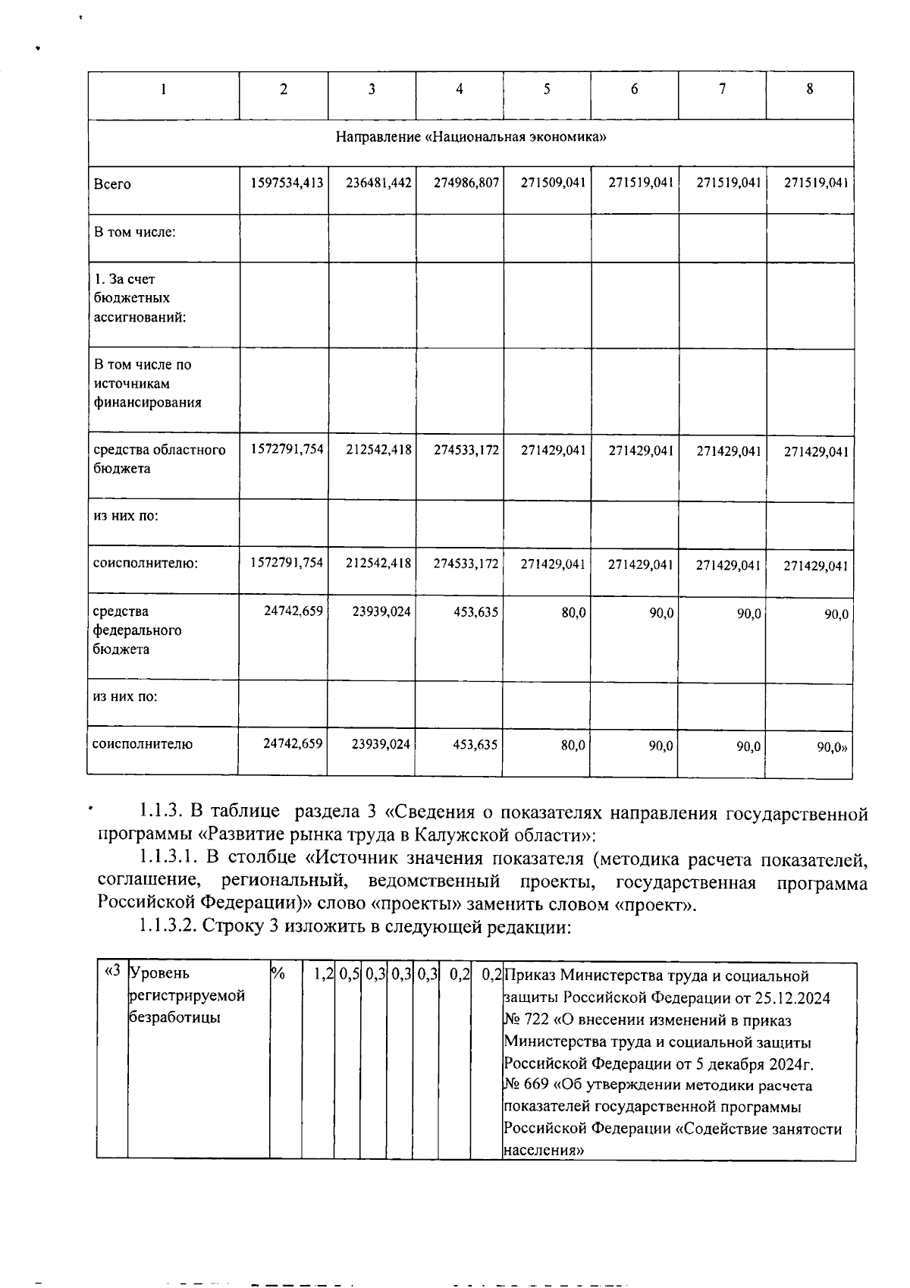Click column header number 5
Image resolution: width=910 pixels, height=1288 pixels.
click(547, 90)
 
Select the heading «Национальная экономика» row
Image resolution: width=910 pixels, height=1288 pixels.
click(470, 137)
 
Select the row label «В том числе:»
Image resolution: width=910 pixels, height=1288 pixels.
click(135, 231)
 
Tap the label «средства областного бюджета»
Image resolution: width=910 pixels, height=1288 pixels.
click(159, 459)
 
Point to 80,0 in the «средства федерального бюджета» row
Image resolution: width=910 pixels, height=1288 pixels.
click(573, 611)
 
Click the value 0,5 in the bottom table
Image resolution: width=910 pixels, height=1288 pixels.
click(349, 974)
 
